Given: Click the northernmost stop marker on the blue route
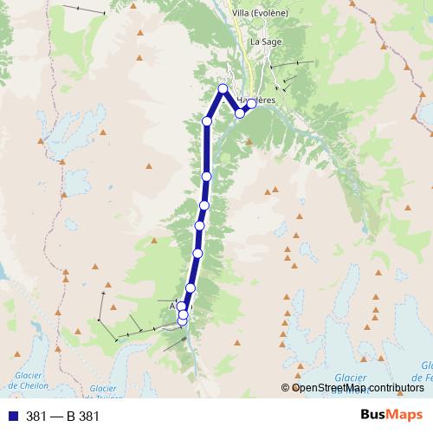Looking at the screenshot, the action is click(x=223, y=88).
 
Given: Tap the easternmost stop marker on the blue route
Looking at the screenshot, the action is click(x=251, y=104).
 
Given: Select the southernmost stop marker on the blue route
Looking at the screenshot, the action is click(x=183, y=321).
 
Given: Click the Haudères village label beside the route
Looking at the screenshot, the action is click(x=256, y=100).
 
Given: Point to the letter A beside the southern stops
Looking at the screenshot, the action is click(x=173, y=306).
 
